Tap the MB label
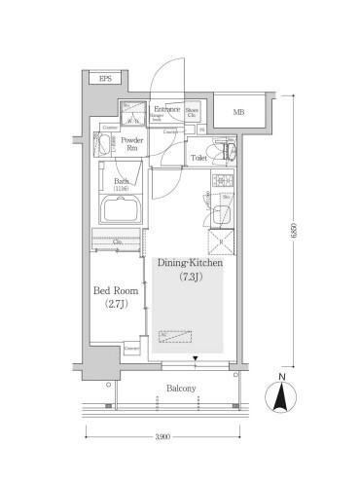pyautogui.click(x=238, y=112)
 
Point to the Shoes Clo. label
pyautogui.click(x=193, y=113)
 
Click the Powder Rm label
pyautogui.click(x=132, y=145)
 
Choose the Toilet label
pyautogui.click(x=199, y=156)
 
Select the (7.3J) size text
pyautogui.click(x=190, y=279)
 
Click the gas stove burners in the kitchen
pyautogui.click(x=220, y=182)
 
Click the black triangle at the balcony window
pyautogui.click(x=197, y=359)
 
